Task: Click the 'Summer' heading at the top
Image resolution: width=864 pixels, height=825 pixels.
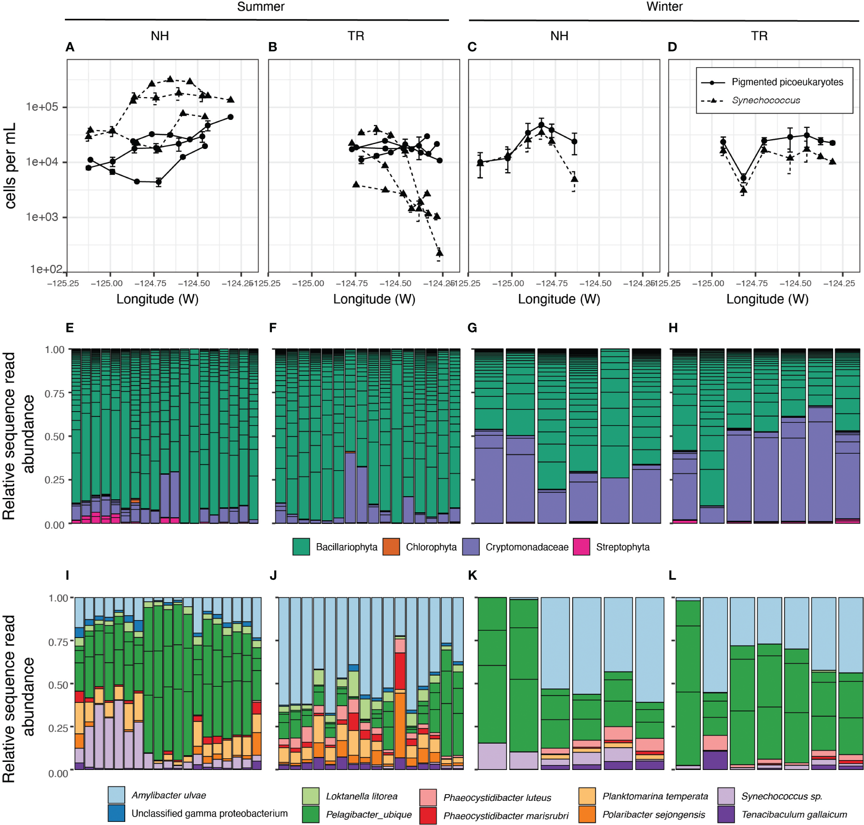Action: (260, 7)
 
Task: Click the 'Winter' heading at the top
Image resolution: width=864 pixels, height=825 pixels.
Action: (664, 7)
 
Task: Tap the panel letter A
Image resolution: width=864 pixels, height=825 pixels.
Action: (70, 47)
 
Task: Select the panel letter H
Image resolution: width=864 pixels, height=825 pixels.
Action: (673, 328)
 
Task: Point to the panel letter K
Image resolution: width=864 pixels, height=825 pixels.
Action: (472, 575)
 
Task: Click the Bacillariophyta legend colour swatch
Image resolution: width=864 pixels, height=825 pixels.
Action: (301, 547)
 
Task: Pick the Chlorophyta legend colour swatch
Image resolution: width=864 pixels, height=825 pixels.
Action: (391, 547)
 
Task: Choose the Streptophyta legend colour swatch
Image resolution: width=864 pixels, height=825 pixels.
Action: (581, 547)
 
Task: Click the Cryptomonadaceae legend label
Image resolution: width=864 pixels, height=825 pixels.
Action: (527, 547)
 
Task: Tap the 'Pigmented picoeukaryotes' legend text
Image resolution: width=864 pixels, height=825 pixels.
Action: (787, 82)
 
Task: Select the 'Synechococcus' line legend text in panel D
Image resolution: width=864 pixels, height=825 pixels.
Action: (766, 101)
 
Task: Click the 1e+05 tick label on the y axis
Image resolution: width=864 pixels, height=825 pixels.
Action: (42, 107)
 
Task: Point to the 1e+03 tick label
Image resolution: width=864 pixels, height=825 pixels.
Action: (42, 217)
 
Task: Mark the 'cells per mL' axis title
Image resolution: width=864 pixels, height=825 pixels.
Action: (11, 166)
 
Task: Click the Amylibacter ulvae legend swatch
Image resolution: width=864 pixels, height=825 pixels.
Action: (116, 795)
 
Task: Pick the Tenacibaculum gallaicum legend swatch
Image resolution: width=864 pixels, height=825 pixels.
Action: (726, 814)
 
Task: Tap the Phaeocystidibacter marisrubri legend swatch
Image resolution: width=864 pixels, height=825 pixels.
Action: (428, 815)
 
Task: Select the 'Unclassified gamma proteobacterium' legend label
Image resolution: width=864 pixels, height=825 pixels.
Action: (209, 813)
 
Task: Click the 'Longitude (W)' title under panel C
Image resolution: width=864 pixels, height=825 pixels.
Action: (559, 299)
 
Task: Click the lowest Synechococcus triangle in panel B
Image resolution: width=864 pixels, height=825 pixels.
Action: (439, 253)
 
